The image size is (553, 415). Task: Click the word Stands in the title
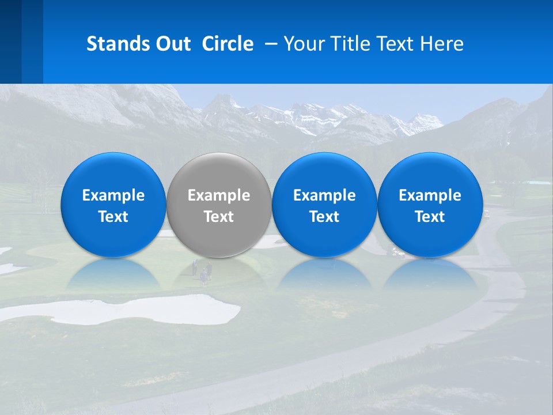(118, 44)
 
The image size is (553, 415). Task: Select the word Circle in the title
(228, 44)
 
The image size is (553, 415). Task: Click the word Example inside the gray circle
(219, 195)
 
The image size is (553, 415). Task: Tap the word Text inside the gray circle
(219, 217)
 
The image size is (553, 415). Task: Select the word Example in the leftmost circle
(113, 195)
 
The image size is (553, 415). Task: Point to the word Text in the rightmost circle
(430, 217)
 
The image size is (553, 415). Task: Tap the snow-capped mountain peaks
(323, 115)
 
